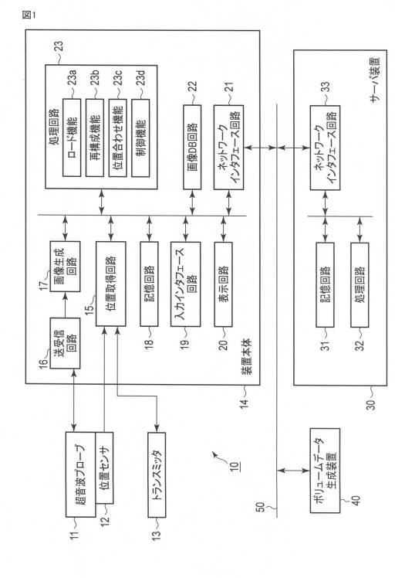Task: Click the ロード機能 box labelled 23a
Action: pyautogui.click(x=72, y=138)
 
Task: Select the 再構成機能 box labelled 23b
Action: pyautogui.click(x=95, y=138)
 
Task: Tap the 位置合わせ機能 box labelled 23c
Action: pyautogui.click(x=118, y=138)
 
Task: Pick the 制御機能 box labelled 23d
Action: pyautogui.click(x=140, y=138)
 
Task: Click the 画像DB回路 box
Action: pyautogui.click(x=192, y=147)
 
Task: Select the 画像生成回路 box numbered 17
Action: pyautogui.click(x=65, y=266)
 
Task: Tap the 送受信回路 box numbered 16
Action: pyautogui.click(x=65, y=343)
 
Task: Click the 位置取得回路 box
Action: pyautogui.click(x=111, y=284)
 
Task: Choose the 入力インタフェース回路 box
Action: pyautogui.click(x=185, y=284)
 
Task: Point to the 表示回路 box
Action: pyautogui.click(x=224, y=284)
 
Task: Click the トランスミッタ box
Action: pyautogui.click(x=157, y=474)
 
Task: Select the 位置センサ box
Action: pyautogui.click(x=105, y=467)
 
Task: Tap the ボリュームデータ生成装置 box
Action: pyautogui.click(x=325, y=471)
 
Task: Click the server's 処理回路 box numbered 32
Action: pyautogui.click(x=360, y=284)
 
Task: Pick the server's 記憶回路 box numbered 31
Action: pyautogui.click(x=325, y=284)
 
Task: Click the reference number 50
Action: pyautogui.click(x=260, y=508)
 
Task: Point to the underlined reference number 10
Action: pyautogui.click(x=235, y=467)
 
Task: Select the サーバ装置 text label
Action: pyautogui.click(x=375, y=80)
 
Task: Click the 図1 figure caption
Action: pyautogui.click(x=29, y=15)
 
